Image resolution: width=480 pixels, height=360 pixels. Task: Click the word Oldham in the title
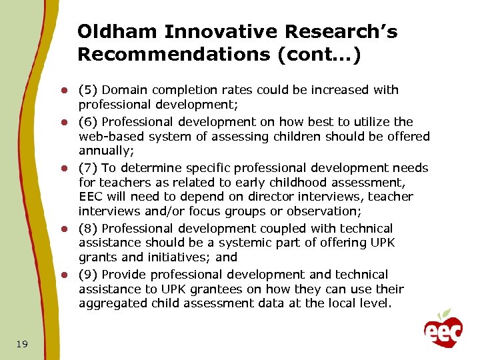(x=117, y=32)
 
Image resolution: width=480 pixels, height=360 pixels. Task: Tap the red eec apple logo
(x=443, y=329)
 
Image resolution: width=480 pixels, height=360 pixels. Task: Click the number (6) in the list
(x=88, y=122)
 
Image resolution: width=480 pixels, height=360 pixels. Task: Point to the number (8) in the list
(x=88, y=229)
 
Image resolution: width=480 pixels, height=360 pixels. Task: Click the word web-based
(x=108, y=137)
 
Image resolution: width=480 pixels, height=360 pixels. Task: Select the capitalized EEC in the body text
(x=91, y=197)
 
